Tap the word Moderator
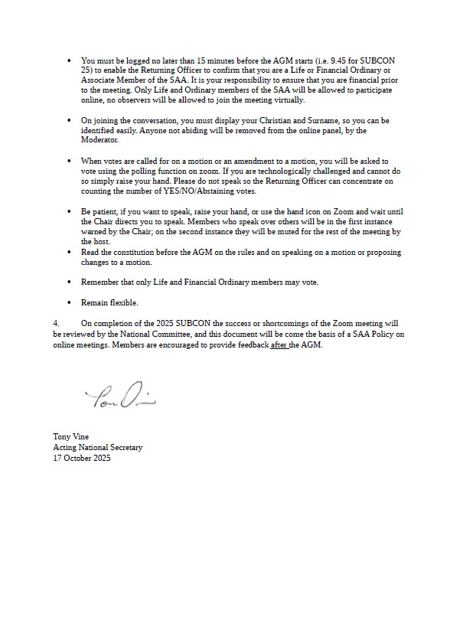pyautogui.click(x=100, y=141)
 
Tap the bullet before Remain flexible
pyautogui.click(x=70, y=302)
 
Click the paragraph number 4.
pyautogui.click(x=55, y=323)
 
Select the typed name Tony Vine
pyautogui.click(x=70, y=437)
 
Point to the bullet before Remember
pyautogui.click(x=70, y=282)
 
